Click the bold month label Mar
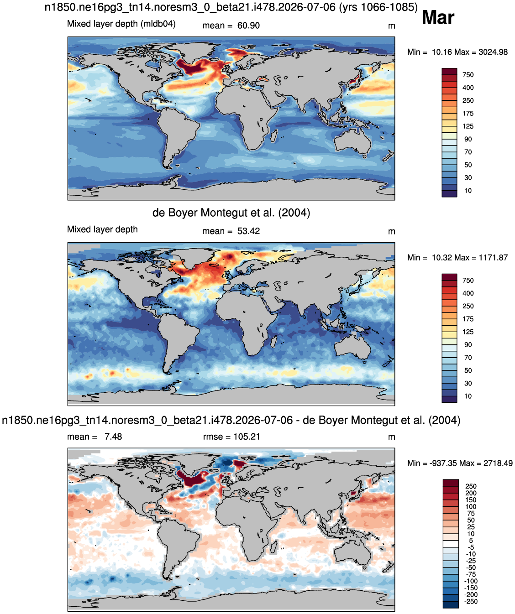[438, 18]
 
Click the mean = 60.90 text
[231, 26]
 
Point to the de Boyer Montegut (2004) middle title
[231, 212]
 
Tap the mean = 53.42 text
[231, 231]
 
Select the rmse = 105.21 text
[231, 437]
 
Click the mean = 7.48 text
[95, 437]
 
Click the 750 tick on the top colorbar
[468, 75]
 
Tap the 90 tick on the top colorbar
[468, 140]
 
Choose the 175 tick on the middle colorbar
[468, 319]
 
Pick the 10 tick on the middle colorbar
[468, 396]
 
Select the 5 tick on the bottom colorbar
[471, 541]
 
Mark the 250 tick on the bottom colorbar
[471, 486]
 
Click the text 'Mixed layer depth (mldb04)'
[121, 24]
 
